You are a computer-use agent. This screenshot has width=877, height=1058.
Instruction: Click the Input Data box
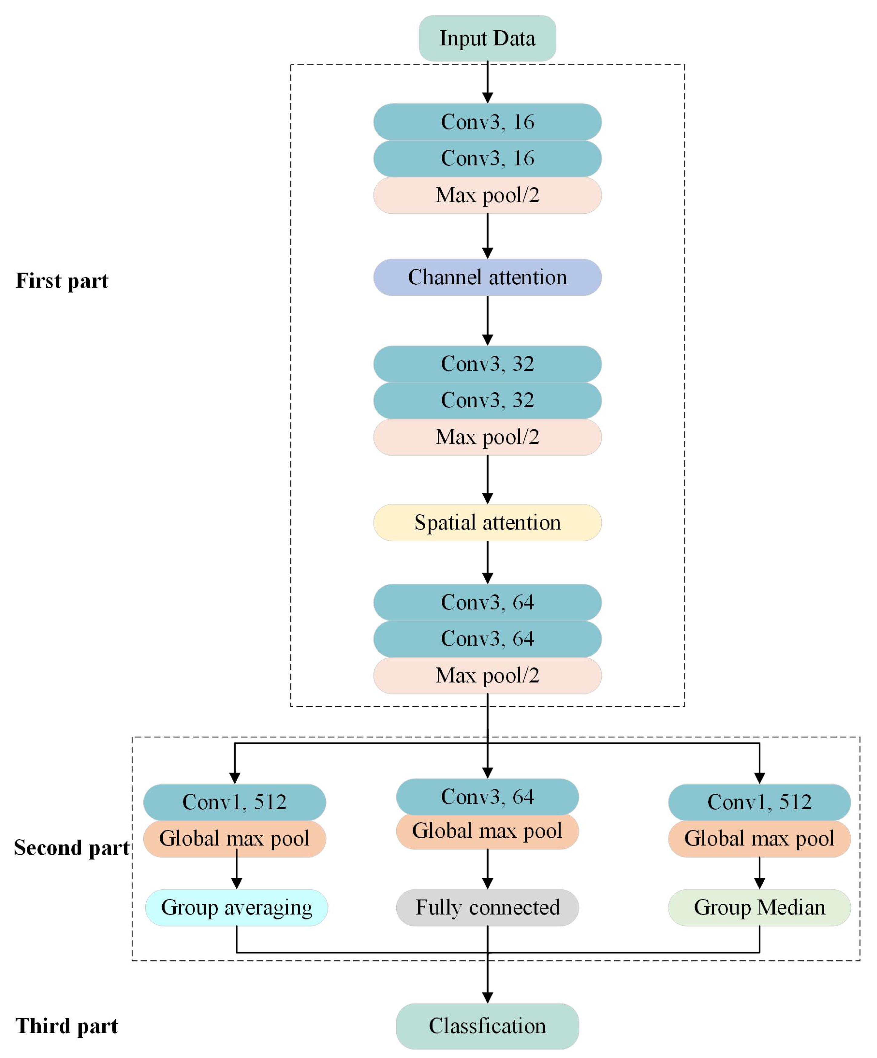pyautogui.click(x=487, y=38)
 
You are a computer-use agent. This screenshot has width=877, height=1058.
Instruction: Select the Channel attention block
pyautogui.click(x=487, y=277)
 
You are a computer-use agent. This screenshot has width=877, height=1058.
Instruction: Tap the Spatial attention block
pyautogui.click(x=487, y=522)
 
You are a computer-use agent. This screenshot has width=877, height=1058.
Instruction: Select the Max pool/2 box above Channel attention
pyautogui.click(x=487, y=195)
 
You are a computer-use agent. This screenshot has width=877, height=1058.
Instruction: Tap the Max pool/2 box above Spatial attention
pyautogui.click(x=487, y=437)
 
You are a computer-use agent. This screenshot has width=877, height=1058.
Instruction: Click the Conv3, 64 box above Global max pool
pyautogui.click(x=487, y=796)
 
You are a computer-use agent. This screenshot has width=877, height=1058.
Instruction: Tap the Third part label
pyautogui.click(x=66, y=1026)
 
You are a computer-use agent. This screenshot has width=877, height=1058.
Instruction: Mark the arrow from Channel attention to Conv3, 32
pyautogui.click(x=487, y=320)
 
